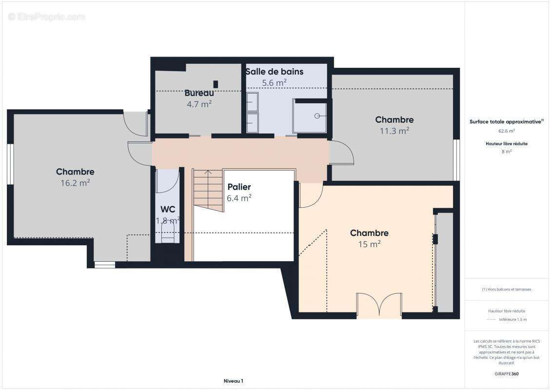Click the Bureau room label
tap(199, 93)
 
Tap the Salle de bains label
tap(275, 72)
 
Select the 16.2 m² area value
tap(75, 183)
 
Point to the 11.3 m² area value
tap(394, 131)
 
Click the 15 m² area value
tap(369, 244)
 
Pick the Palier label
tap(239, 187)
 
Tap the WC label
tap(168, 210)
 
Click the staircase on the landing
tap(208, 191)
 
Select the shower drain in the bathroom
tap(317, 116)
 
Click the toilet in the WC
tap(168, 234)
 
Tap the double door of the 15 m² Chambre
tap(379, 305)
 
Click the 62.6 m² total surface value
tap(506, 131)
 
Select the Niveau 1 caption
tap(234, 381)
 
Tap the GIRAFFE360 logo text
tap(506, 374)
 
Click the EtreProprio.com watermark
tap(46, 17)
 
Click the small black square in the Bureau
tap(216, 84)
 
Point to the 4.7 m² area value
tap(199, 104)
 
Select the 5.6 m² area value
tap(274, 83)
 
